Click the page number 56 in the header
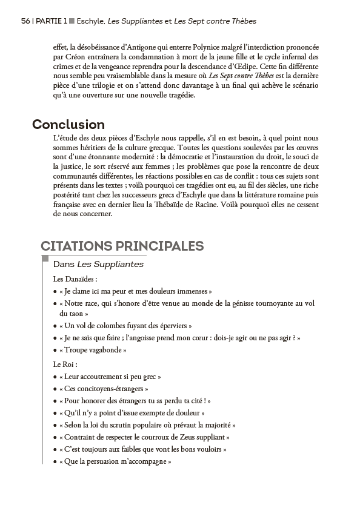(25, 21)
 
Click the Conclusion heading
(68, 125)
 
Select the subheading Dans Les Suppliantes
(98, 265)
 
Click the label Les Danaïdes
(75, 279)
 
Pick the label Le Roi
(65, 365)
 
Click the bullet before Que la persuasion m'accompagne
(55, 461)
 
